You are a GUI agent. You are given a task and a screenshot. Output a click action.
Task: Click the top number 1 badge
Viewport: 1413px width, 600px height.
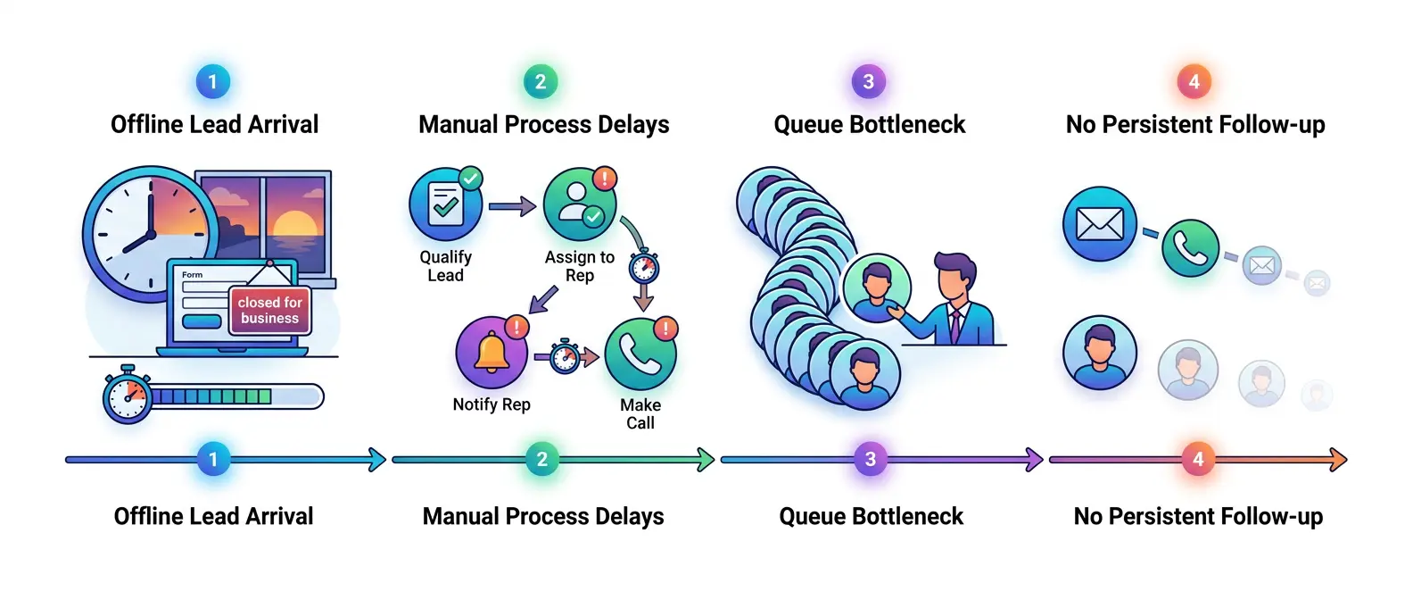coord(212,82)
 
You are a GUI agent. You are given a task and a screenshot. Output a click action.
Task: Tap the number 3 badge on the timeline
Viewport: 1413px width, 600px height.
coord(870,460)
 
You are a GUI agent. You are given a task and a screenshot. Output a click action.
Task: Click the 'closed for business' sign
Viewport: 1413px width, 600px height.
coord(269,310)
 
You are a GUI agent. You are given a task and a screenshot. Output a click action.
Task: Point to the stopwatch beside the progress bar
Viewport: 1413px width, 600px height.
coord(128,396)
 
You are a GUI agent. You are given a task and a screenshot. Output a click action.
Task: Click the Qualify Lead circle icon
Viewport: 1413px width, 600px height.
coord(445,205)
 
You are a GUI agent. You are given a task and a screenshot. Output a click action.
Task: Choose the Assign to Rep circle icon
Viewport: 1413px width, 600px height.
coord(579,205)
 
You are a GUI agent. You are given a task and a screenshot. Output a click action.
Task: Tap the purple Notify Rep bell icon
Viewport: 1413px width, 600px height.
coord(492,353)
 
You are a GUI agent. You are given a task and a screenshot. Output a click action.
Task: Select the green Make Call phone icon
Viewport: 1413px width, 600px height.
coord(640,354)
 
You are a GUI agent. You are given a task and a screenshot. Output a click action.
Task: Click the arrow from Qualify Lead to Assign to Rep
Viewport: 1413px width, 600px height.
coord(512,207)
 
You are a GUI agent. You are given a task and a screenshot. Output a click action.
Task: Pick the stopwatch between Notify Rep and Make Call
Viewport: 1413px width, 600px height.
coord(564,356)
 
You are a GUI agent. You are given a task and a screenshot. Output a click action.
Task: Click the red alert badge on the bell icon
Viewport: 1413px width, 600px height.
coord(516,327)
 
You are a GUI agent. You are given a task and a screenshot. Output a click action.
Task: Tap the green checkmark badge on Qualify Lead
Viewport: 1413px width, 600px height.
coord(470,179)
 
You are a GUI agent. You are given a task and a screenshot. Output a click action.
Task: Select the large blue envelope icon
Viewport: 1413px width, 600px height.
coord(1099,223)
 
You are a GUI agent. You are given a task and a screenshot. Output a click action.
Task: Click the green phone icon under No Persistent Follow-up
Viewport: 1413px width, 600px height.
coord(1190,248)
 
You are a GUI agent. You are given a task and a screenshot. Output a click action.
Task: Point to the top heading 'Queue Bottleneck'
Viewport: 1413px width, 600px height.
coord(869,125)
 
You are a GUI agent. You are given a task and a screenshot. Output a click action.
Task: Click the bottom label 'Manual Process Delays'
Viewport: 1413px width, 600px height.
coord(543,516)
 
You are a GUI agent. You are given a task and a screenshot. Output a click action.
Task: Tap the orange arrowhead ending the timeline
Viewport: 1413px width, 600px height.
coord(1338,460)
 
